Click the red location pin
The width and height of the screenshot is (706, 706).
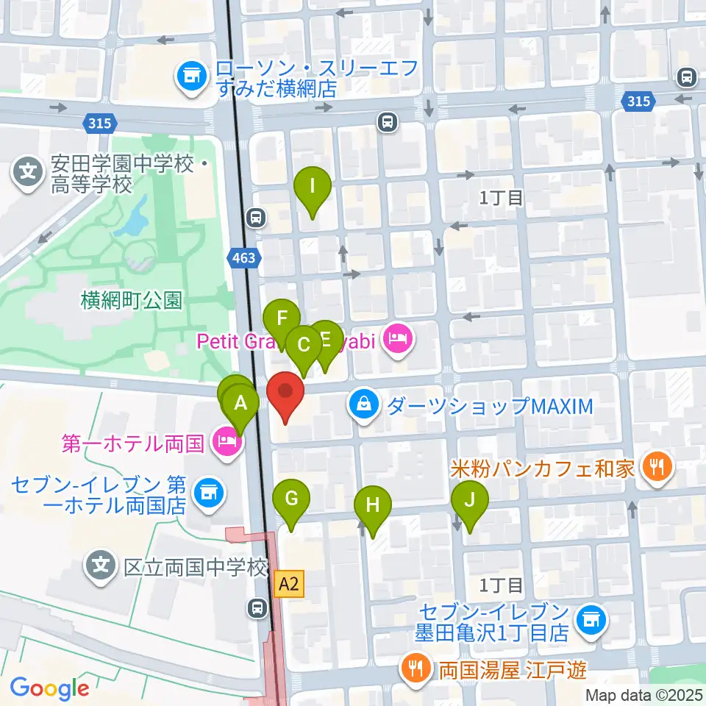click(x=285, y=396)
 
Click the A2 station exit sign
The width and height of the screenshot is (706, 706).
click(x=289, y=585)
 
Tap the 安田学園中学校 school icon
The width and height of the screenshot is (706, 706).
click(x=28, y=174)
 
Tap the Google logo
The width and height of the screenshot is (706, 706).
click(x=50, y=688)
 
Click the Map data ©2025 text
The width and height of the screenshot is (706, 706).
click(x=644, y=695)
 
